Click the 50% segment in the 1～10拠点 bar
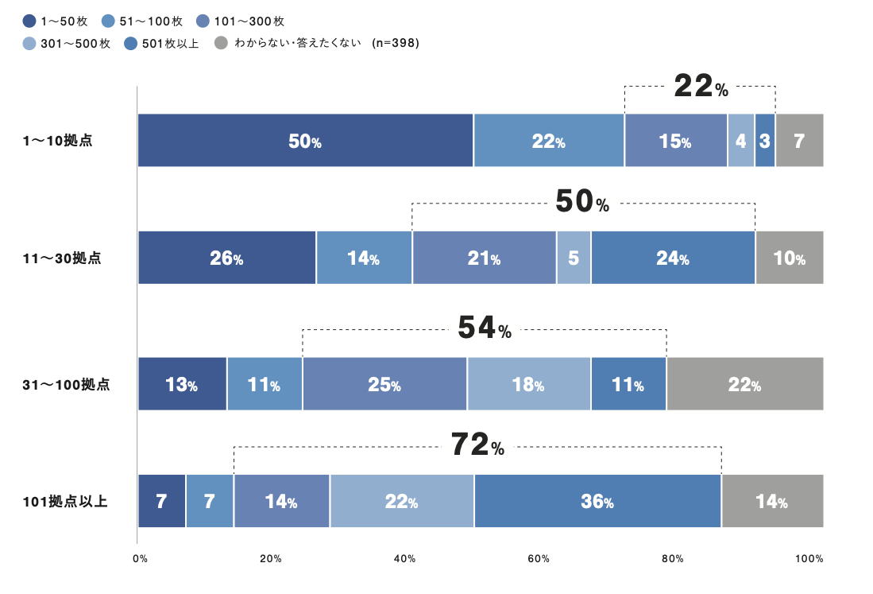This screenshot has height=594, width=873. [x=305, y=141]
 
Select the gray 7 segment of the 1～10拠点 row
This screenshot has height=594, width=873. [x=799, y=141]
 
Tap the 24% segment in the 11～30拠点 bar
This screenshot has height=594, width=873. [x=673, y=258]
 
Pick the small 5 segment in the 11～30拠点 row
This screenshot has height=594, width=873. [x=574, y=258]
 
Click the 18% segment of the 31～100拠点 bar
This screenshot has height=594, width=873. [x=528, y=384]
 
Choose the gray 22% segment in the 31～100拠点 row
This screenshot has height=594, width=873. [x=744, y=384]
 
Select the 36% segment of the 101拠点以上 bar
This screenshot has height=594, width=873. [x=597, y=501]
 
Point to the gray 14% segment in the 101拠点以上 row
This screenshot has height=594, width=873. [x=771, y=501]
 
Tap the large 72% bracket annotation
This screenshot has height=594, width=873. [x=477, y=446]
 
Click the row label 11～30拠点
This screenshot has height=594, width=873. [x=63, y=258]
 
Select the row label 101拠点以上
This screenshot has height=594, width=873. [x=65, y=502]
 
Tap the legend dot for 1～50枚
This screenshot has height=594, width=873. [x=29, y=21]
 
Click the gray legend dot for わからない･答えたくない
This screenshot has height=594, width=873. [x=222, y=43]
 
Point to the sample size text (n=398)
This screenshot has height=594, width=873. [x=395, y=43]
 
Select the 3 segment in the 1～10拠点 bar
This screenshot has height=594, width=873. [x=764, y=141]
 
